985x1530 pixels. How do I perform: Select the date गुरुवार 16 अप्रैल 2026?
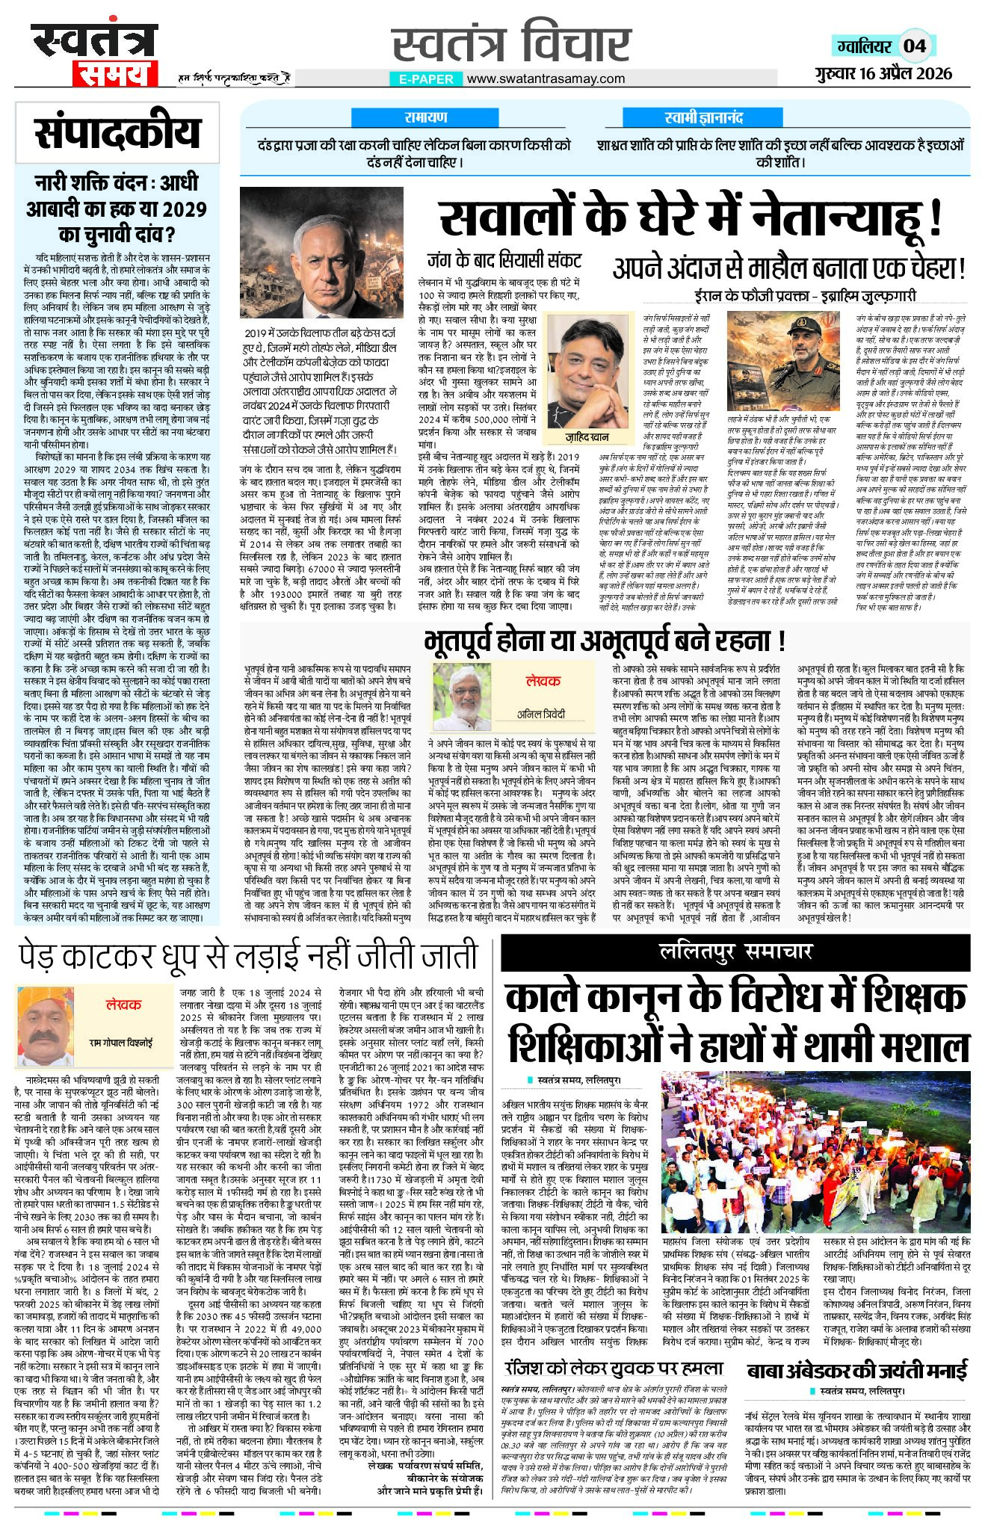point(883,73)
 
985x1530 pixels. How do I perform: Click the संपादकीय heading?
point(117,134)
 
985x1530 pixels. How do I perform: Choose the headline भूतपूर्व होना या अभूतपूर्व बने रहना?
point(604,641)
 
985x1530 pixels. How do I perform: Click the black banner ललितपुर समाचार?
point(735,951)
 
